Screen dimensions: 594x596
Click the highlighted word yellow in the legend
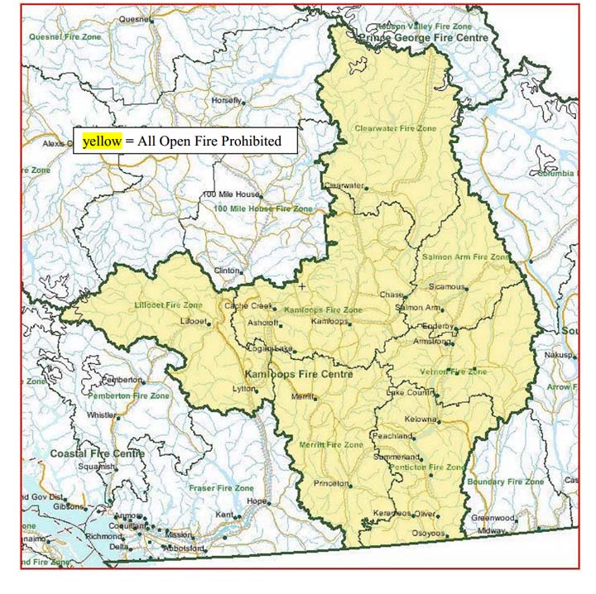(103, 141)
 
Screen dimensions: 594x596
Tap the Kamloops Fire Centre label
(299, 375)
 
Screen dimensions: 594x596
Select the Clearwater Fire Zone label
(395, 129)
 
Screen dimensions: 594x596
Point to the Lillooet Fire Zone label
(168, 305)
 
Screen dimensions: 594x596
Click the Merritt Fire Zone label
(331, 445)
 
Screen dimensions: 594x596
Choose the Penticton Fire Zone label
(430, 467)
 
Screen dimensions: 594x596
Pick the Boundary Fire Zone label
(505, 481)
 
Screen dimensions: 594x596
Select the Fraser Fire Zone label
(221, 488)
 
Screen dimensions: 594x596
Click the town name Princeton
(332, 482)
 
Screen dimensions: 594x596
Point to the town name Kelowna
(421, 419)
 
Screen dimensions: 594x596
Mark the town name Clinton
(227, 271)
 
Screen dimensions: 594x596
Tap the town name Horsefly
(226, 100)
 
